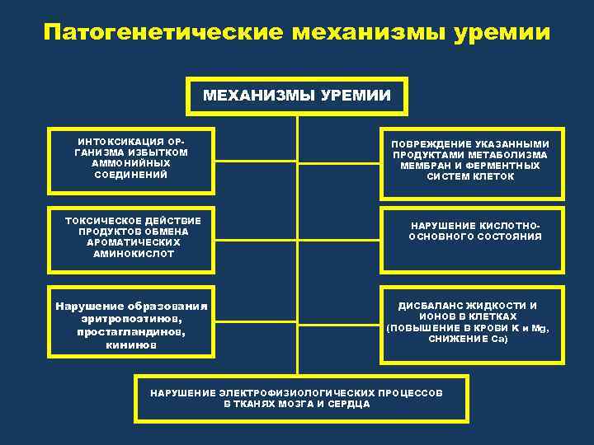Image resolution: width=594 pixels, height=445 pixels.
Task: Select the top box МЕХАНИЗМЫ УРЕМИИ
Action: pyautogui.click(x=297, y=97)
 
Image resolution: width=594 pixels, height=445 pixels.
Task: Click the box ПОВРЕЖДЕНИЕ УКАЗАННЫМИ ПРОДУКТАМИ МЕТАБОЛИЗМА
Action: pyautogui.click(x=470, y=163)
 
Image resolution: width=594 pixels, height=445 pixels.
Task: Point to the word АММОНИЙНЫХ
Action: pyautogui.click(x=132, y=163)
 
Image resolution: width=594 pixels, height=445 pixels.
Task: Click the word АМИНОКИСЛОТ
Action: pyautogui.click(x=132, y=255)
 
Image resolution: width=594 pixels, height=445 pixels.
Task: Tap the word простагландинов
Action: pyautogui.click(x=131, y=332)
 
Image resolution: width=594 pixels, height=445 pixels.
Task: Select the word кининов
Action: pyautogui.click(x=131, y=345)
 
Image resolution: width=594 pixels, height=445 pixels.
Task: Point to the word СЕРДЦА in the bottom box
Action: pyautogui.click(x=349, y=405)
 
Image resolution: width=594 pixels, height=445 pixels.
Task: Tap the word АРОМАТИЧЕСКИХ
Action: pyautogui.click(x=133, y=243)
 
